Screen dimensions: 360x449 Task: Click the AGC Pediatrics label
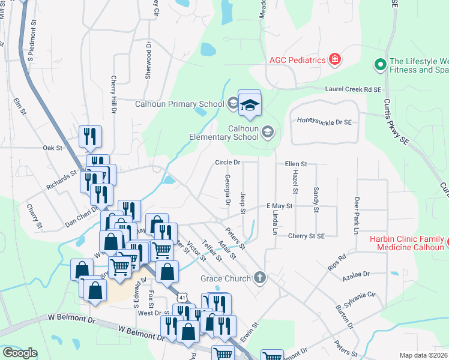click(297, 60)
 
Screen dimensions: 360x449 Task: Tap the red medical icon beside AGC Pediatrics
click(334, 59)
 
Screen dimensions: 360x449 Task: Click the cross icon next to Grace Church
click(259, 277)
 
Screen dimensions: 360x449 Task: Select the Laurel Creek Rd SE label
click(354, 89)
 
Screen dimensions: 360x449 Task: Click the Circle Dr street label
click(228, 163)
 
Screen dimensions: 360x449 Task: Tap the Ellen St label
click(295, 163)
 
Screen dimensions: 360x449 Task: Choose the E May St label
click(279, 206)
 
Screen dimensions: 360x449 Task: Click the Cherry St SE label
click(306, 236)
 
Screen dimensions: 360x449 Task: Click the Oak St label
click(53, 147)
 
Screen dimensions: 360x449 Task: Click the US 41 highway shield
click(181, 297)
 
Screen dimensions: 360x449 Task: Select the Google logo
click(20, 352)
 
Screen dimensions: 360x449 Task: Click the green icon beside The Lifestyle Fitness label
click(379, 63)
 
